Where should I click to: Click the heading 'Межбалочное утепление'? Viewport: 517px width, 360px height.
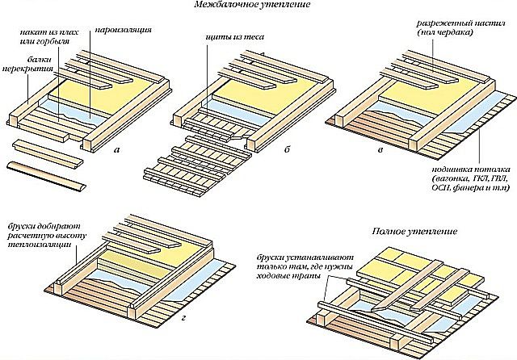click(x=252, y=5)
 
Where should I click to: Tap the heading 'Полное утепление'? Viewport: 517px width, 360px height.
click(x=414, y=231)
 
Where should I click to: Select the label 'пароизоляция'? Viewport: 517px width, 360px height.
click(x=124, y=30)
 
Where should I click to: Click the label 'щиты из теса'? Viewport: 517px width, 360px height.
click(x=235, y=37)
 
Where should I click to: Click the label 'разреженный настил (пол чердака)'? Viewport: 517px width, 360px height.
click(x=461, y=28)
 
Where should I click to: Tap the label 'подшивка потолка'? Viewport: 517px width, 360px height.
click(x=472, y=170)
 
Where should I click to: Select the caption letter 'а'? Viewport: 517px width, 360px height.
click(x=116, y=150)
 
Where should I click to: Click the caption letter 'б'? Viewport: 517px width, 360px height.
click(x=287, y=149)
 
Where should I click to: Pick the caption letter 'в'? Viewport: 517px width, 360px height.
click(x=380, y=150)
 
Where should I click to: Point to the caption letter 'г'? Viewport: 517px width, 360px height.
click(x=184, y=318)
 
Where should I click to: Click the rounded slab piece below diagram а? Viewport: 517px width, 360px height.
click(x=47, y=176)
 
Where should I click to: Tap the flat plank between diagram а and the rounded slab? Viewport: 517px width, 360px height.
click(x=48, y=153)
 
